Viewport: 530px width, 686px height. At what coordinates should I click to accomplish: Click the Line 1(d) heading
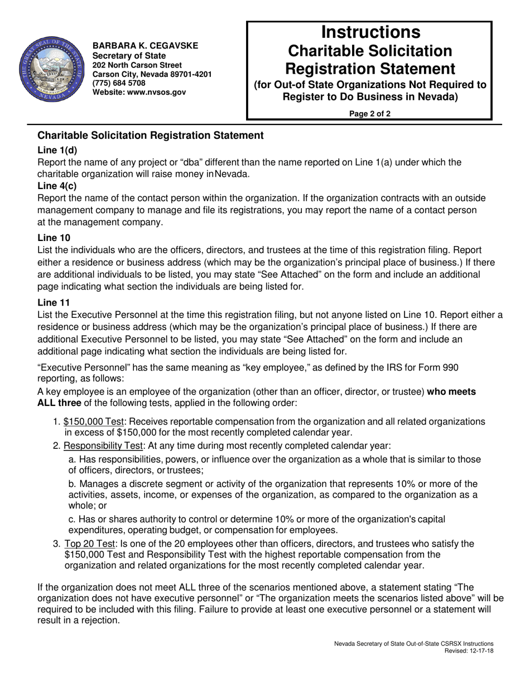[x=57, y=150]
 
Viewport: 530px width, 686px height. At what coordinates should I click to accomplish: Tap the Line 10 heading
[x=54, y=238]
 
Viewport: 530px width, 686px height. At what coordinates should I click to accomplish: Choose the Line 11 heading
[x=54, y=302]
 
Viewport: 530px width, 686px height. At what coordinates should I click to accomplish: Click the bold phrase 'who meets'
[x=451, y=392]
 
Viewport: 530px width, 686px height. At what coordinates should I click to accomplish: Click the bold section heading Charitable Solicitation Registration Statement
[x=150, y=136]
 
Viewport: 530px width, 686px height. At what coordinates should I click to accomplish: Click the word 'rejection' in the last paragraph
[x=95, y=620]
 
